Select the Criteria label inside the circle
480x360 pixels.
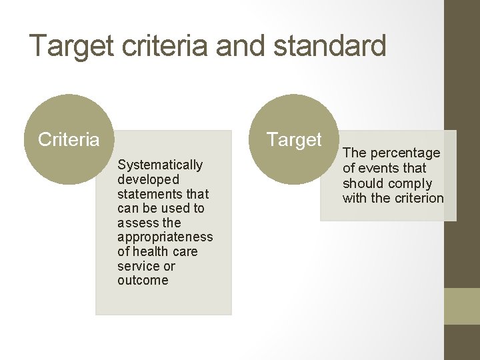[69, 140]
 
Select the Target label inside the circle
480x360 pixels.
[294, 140]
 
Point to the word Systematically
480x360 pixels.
[160, 165]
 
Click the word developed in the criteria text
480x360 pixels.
[148, 179]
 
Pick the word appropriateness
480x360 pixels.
[165, 237]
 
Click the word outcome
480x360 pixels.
[143, 281]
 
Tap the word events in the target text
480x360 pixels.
[377, 168]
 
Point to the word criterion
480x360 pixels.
[418, 198]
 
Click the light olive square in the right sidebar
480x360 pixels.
[462, 306]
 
